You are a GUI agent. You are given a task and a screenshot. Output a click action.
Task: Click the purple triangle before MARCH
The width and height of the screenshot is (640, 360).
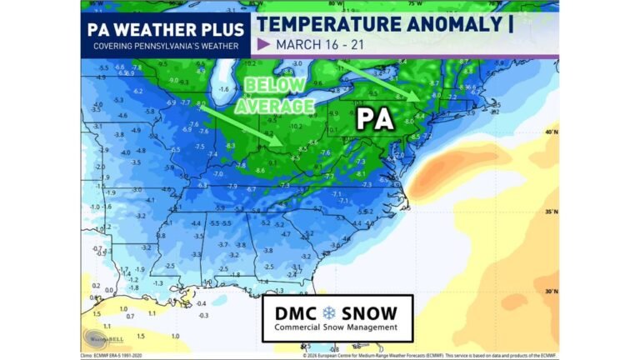(x=264, y=44)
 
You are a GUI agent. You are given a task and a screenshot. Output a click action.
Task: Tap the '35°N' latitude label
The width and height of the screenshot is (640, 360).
(x=550, y=212)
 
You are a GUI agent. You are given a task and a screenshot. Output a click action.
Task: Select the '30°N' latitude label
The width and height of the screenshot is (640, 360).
(x=550, y=292)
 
